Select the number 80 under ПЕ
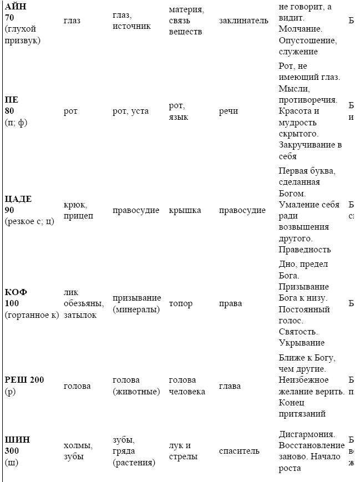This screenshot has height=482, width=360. pos(11,111)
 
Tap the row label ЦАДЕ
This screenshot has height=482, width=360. pos(18,199)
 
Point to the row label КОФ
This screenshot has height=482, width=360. pos(16,292)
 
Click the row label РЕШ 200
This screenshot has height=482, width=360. pos(24,380)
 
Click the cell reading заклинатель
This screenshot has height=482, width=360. pos(244,21)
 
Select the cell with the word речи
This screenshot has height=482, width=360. pos(229,111)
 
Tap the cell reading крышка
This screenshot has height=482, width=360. pos(185,210)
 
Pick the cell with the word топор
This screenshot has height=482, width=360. pos(180,303)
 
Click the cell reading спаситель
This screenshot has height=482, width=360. pos(239,451)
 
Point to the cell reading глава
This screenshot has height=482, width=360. pos(229,385)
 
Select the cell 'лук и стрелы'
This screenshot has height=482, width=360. pos(181,451)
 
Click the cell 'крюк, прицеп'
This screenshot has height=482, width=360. pos(79,210)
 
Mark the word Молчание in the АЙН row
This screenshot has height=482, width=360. pos(300,28)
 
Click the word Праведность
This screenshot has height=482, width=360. pos(305,250)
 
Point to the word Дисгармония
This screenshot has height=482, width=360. pos(306,434)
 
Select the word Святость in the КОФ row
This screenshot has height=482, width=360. pos(298,332)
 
